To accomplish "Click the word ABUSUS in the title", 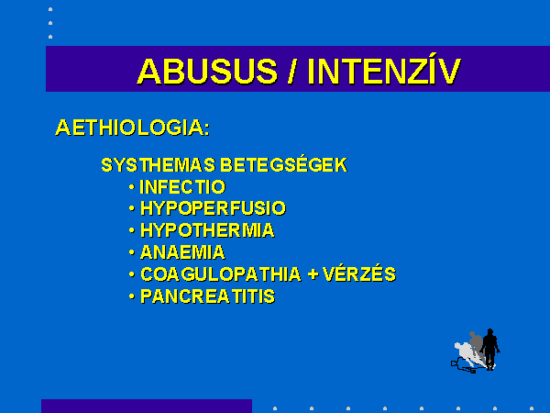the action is pyautogui.click(x=207, y=72).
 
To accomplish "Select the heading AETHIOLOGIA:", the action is pyautogui.click(x=133, y=128).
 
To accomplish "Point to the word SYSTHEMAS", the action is pyautogui.click(x=159, y=165).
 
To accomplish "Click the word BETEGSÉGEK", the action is pyautogui.click(x=284, y=164).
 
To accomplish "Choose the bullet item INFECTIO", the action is pyautogui.click(x=182, y=187).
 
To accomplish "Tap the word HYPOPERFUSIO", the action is pyautogui.click(x=213, y=208).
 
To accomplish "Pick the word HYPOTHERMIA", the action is pyautogui.click(x=207, y=230).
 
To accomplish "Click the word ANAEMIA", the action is pyautogui.click(x=182, y=252).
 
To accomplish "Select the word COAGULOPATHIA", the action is pyautogui.click(x=221, y=274).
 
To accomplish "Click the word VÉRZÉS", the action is pyautogui.click(x=359, y=273).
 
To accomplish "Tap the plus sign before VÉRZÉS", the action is pyautogui.click(x=313, y=274).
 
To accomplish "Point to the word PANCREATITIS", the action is pyautogui.click(x=208, y=296).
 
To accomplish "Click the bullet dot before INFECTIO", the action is pyautogui.click(x=131, y=187).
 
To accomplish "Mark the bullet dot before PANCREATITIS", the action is pyautogui.click(x=131, y=296).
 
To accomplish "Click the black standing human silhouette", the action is pyautogui.click(x=490, y=348).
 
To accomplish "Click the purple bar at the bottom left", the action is pyautogui.click(x=147, y=406).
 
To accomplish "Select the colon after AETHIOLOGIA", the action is pyautogui.click(x=206, y=128).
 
